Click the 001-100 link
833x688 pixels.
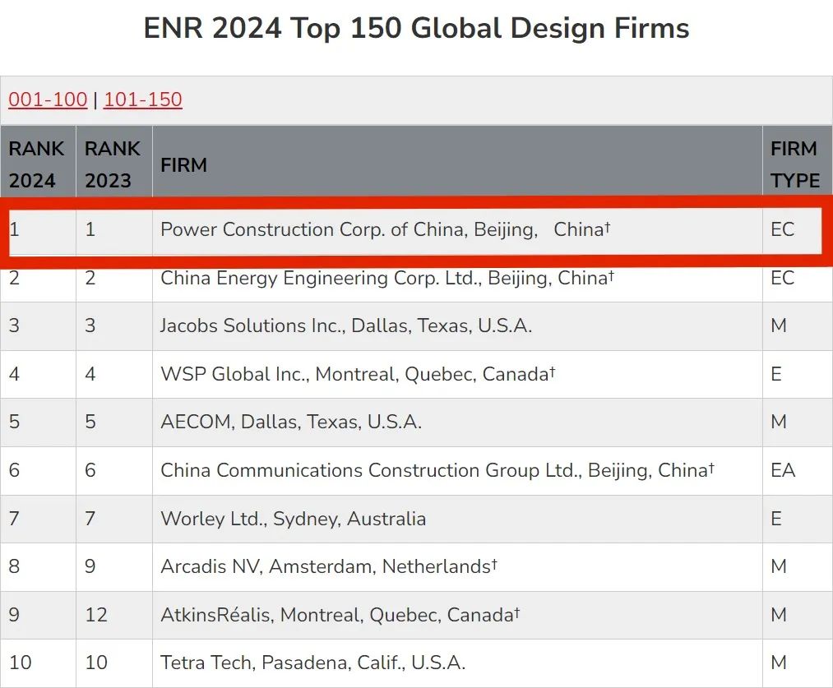point(48,99)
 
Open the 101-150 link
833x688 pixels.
point(143,99)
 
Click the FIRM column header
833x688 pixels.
point(183,164)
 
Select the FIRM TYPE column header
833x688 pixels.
point(794,164)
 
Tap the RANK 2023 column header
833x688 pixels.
point(113,164)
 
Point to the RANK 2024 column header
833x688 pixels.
point(37,164)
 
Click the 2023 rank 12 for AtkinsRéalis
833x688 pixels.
point(96,615)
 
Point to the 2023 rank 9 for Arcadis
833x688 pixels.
point(90,566)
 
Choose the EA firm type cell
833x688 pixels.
point(783,471)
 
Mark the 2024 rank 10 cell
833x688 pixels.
point(21,663)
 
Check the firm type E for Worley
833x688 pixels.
point(776,519)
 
